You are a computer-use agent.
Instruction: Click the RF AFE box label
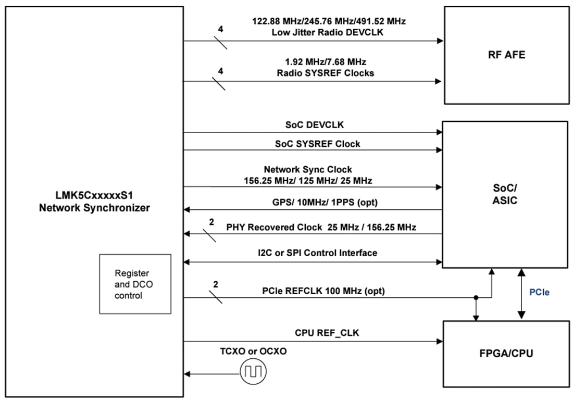(506, 55)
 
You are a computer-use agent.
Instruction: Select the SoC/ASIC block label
(504, 195)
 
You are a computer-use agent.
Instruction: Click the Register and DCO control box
(135, 284)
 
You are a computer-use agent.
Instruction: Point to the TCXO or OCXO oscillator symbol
(253, 372)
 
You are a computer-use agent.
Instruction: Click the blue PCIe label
(539, 293)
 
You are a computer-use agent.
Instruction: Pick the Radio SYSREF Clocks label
(325, 73)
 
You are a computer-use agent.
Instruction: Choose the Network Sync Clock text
(308, 170)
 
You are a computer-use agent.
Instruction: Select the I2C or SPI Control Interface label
(317, 253)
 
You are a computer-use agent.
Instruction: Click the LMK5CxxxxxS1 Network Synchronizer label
(96, 203)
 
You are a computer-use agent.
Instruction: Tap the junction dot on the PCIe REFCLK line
(476, 298)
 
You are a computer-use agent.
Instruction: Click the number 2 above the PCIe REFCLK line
(216, 284)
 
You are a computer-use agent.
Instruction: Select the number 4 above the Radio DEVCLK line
(220, 29)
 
